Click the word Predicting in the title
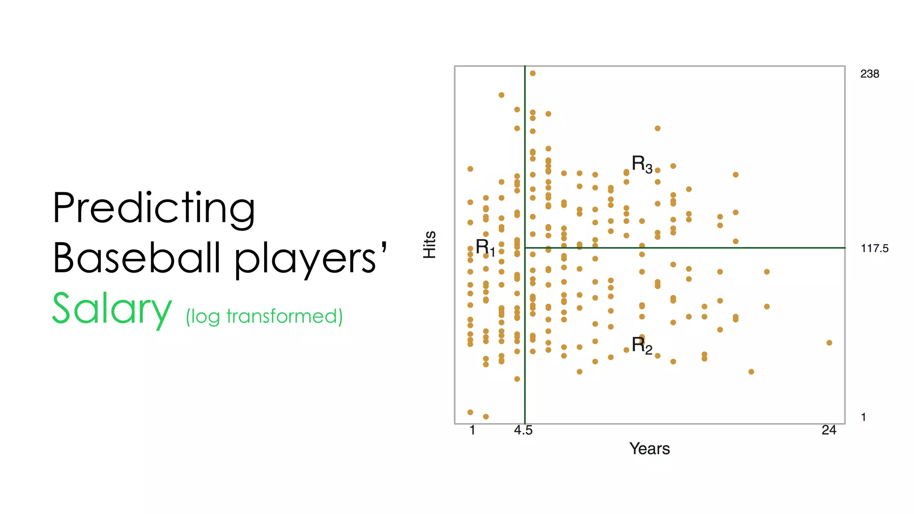pyautogui.click(x=154, y=208)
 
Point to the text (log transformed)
pyautogui.click(x=264, y=316)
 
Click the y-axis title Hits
pyautogui.click(x=429, y=245)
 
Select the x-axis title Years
pyautogui.click(x=649, y=448)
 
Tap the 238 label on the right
pyautogui.click(x=869, y=74)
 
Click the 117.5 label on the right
pyautogui.click(x=874, y=249)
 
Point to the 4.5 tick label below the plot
pyautogui.click(x=523, y=430)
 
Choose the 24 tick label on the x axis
pyautogui.click(x=829, y=430)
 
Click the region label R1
pyautogui.click(x=485, y=247)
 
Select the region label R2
pyautogui.click(x=642, y=345)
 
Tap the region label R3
pyautogui.click(x=642, y=164)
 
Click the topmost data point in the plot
pyautogui.click(x=532, y=73)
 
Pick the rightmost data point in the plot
pyautogui.click(x=829, y=343)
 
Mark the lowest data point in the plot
pyautogui.click(x=486, y=417)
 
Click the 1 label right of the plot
pyautogui.click(x=864, y=417)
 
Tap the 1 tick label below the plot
pyautogui.click(x=472, y=430)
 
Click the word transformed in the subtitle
pyautogui.click(x=282, y=316)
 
